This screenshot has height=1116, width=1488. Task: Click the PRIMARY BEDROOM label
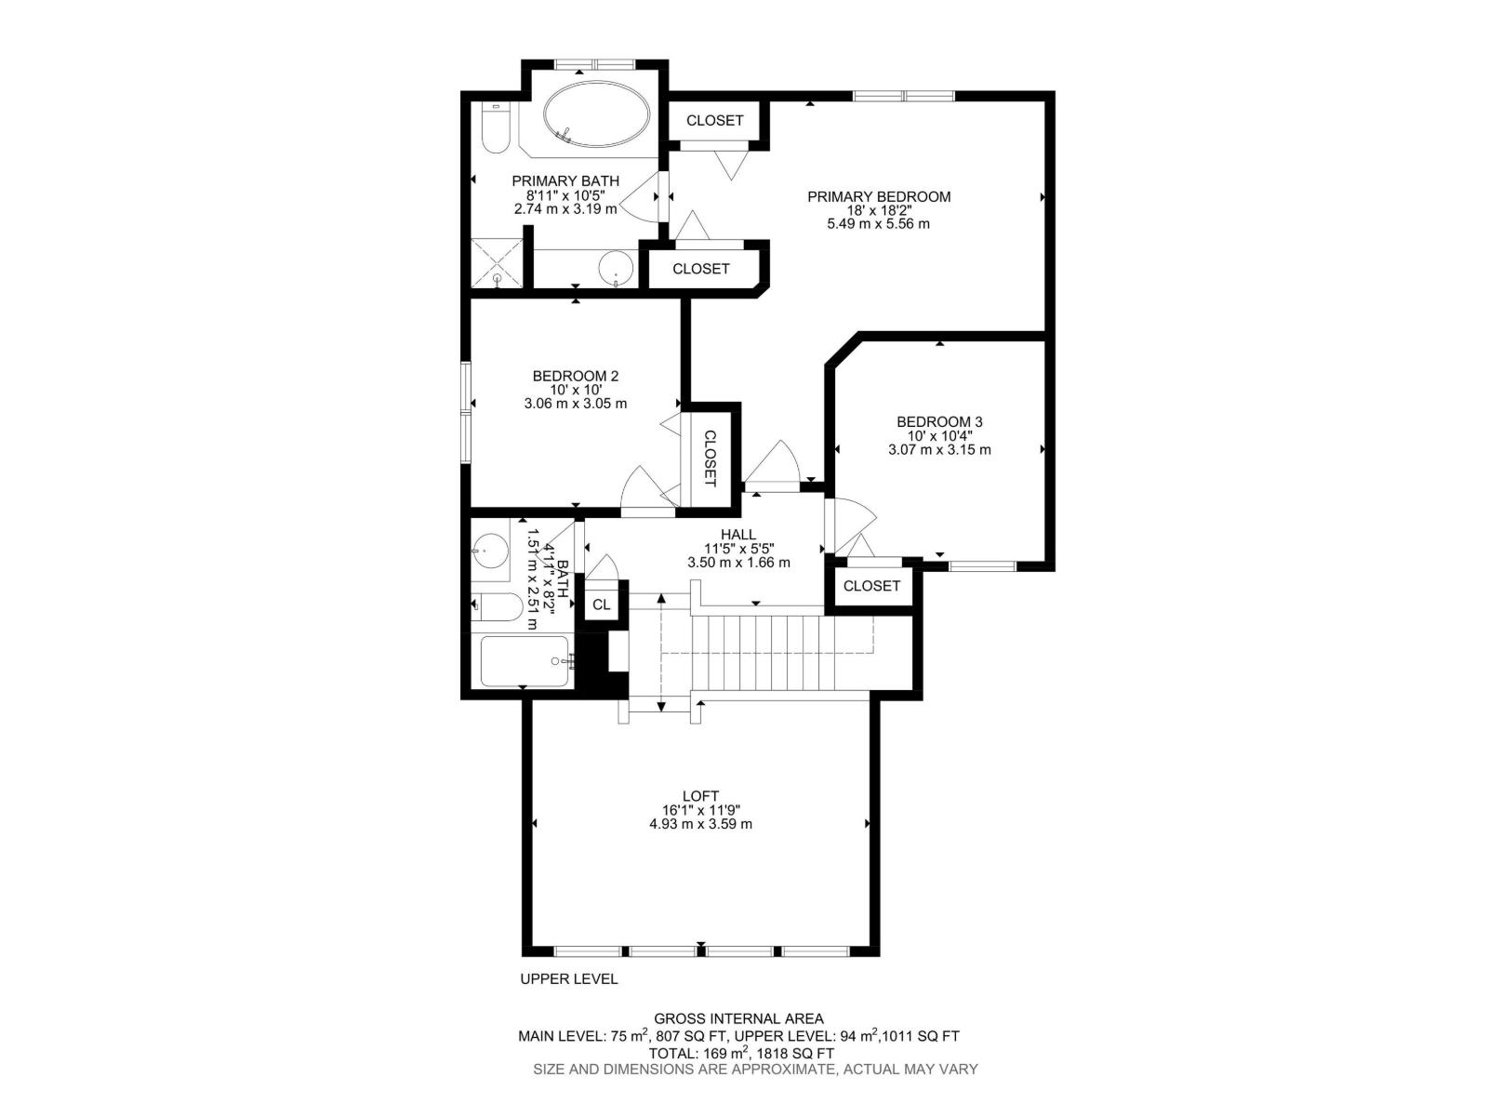click(x=878, y=196)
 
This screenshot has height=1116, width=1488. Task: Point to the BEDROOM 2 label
click(x=575, y=376)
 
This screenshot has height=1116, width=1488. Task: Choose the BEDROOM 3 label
click(x=939, y=421)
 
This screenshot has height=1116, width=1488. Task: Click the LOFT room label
click(x=700, y=795)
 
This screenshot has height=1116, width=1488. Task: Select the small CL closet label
click(x=602, y=604)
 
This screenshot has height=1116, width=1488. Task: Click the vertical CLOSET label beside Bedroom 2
click(x=710, y=458)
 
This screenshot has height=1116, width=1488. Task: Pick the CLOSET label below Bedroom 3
click(x=871, y=586)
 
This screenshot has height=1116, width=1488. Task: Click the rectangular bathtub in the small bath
click(x=523, y=661)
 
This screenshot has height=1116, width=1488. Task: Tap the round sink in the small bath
click(x=489, y=551)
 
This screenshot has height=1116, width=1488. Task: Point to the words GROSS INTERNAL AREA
click(x=738, y=1019)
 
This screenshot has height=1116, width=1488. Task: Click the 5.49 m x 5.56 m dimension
click(x=878, y=224)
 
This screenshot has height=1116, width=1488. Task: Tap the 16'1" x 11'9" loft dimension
click(x=700, y=810)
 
